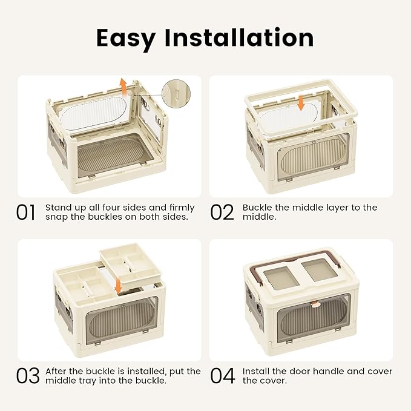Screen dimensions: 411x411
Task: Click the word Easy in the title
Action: click(126, 39)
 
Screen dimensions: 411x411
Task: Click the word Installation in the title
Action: click(238, 38)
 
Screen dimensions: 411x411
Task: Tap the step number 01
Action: click(25, 212)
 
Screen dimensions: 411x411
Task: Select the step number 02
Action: click(222, 212)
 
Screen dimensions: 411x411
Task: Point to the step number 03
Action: click(28, 376)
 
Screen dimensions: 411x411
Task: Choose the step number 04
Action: click(223, 376)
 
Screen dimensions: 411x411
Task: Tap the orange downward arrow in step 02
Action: click(301, 102)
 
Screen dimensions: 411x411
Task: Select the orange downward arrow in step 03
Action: click(119, 286)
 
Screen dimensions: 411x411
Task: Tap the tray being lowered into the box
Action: click(130, 266)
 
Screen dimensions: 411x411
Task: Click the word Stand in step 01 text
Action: click(57, 208)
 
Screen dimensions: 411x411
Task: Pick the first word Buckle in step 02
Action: click(257, 208)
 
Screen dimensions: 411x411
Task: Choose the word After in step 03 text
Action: click(56, 371)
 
